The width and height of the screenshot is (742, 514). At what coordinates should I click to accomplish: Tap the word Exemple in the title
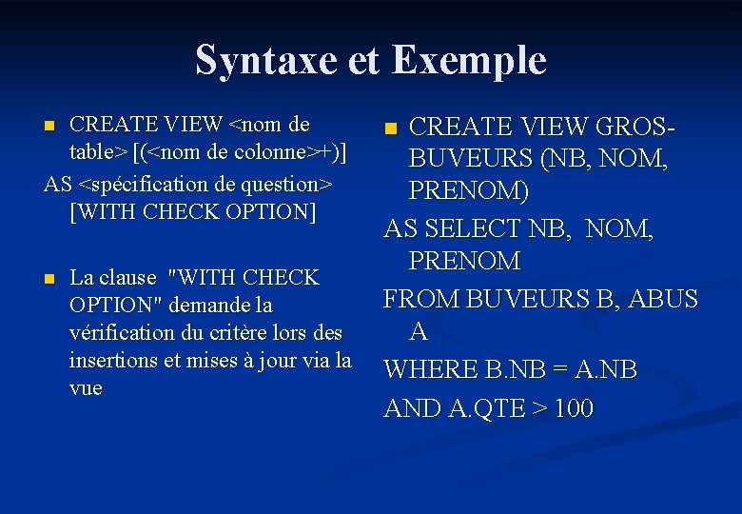(468, 60)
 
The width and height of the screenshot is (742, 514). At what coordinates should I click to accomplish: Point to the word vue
(86, 388)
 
